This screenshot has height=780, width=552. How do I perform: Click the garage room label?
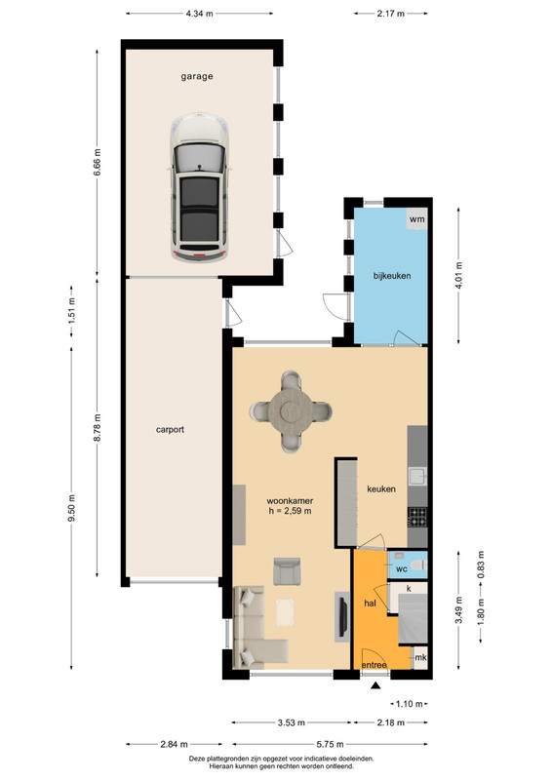(x=197, y=77)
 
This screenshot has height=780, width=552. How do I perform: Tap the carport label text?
(x=170, y=429)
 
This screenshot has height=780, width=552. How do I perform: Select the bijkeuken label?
(x=392, y=276)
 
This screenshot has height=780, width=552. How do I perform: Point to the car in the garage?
(x=199, y=187)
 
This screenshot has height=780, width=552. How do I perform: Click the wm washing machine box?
(x=416, y=218)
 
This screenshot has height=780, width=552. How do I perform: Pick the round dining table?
(x=291, y=411)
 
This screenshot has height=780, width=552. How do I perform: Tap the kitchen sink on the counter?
(x=417, y=477)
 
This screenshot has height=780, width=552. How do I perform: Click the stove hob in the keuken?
(x=417, y=517)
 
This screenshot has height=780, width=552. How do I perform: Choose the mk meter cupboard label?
(x=420, y=657)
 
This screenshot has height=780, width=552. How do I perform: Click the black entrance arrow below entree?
(x=375, y=686)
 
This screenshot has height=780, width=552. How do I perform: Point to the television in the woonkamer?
(x=342, y=617)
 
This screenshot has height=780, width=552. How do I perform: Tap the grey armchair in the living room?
(x=287, y=571)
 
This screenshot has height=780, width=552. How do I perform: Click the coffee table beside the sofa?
(x=285, y=612)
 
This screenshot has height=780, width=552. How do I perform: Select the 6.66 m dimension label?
(x=98, y=162)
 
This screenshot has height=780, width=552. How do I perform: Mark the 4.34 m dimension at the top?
(x=199, y=14)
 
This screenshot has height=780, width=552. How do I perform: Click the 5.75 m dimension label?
(x=330, y=745)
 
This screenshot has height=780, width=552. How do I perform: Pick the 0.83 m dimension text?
(x=481, y=565)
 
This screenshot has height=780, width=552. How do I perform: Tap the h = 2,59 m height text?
(x=291, y=511)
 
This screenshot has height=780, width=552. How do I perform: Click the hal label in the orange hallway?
(x=370, y=604)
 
